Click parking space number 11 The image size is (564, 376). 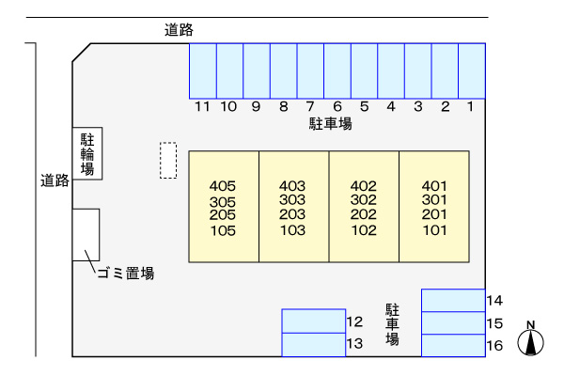point(203,70)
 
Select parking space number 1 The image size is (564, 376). point(472,70)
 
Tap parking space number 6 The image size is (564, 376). point(337,70)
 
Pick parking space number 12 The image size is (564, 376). point(313,321)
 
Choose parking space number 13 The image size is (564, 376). point(313,344)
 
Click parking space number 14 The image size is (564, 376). point(453,300)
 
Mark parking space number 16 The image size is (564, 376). point(453,345)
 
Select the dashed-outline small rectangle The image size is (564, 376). point(167,160)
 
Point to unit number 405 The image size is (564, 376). point(223,186)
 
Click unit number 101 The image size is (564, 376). point(434,230)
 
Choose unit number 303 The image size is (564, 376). point(293,200)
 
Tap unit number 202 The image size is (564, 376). point(363,215)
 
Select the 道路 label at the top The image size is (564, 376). point(179,30)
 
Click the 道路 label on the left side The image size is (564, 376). point(55,180)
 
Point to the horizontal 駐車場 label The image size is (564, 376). point(331,124)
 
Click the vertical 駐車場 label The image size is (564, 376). point(393,324)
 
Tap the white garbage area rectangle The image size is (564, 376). point(86,234)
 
